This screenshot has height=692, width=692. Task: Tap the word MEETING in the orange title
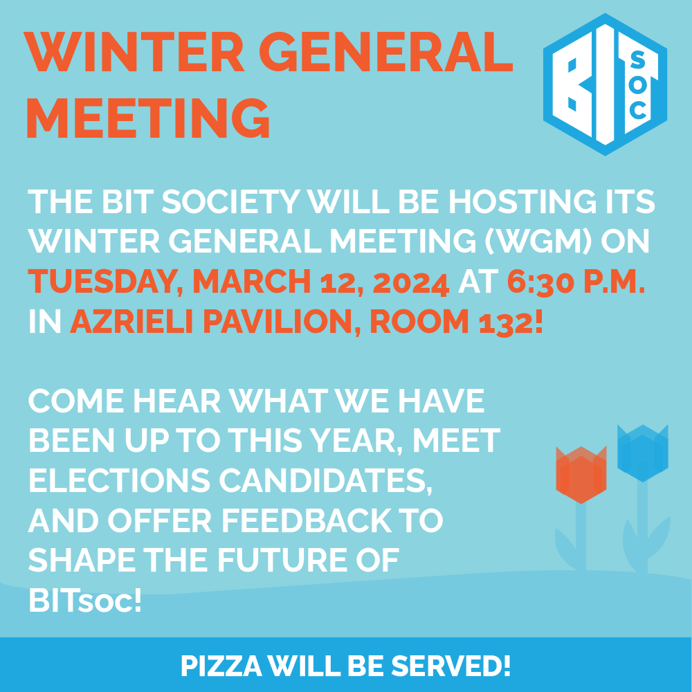click(148, 118)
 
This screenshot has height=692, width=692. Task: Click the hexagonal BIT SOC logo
click(605, 84)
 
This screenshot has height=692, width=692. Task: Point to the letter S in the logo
click(638, 60)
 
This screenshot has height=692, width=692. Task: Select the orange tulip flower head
click(581, 475)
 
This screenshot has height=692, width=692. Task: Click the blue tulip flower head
click(643, 453)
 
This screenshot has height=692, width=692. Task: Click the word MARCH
click(252, 281)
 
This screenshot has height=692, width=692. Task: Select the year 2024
click(411, 282)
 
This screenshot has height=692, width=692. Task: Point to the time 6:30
click(540, 282)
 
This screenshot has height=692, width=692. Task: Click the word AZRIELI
click(131, 321)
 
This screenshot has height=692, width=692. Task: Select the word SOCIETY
click(231, 201)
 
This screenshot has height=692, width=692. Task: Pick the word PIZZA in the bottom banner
click(221, 666)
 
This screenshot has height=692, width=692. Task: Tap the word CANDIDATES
click(325, 481)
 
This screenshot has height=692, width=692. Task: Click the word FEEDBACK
click(307, 520)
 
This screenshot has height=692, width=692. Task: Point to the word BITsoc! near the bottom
click(84, 600)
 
